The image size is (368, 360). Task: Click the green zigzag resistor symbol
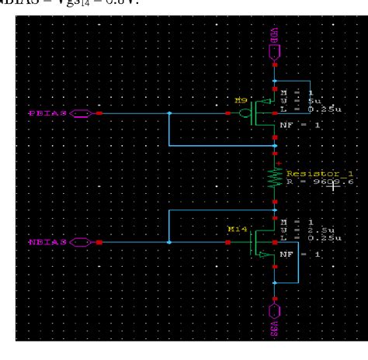274,178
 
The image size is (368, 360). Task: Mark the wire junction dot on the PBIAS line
168,113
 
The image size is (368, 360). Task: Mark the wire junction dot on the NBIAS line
168,242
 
